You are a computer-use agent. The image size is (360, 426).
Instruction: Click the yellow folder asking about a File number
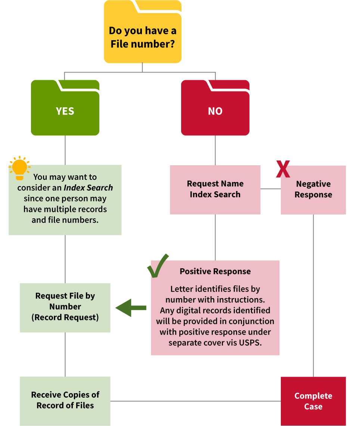[142, 37]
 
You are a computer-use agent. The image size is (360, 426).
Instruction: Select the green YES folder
[65, 111]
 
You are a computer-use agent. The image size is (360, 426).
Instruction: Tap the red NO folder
[215, 111]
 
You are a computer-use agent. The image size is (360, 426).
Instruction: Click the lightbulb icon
[19, 168]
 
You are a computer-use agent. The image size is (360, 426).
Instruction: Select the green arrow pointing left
[130, 308]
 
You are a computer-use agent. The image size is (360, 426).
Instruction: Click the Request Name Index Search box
[215, 189]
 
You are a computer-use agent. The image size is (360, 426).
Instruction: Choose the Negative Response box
[313, 189]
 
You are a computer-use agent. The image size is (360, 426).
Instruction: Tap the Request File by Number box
[65, 307]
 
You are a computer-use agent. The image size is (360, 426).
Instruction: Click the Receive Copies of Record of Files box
[65, 400]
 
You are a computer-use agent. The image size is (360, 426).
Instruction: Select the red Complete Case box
[313, 401]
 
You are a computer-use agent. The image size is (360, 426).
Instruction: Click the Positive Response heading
[215, 272]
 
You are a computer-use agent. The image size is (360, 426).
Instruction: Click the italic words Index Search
[88, 188]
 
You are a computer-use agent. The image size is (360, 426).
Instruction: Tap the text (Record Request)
[65, 317]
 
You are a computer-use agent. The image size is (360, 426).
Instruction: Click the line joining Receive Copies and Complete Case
[195, 401]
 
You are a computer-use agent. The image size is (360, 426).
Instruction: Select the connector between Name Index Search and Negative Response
[270, 189]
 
